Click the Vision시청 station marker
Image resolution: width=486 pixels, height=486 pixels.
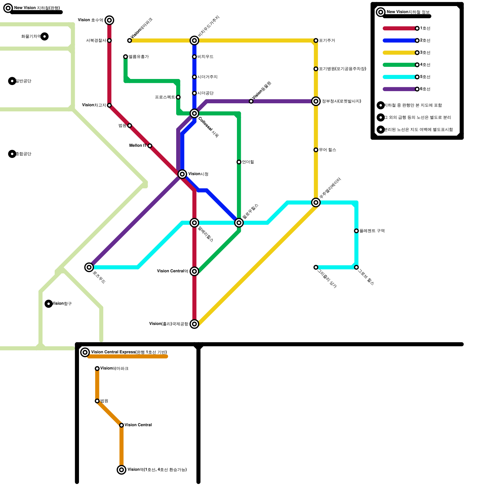[x=182, y=174]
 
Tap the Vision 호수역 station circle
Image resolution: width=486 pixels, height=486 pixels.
[x=109, y=20]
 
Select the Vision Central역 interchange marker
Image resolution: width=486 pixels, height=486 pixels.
[x=194, y=271]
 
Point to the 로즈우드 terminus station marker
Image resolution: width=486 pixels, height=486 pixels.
[x=89, y=267]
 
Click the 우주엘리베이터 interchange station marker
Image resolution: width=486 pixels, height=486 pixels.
[x=316, y=203]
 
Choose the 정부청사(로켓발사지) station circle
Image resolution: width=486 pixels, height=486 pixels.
[x=316, y=101]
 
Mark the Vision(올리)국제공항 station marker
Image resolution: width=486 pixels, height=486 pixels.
[x=194, y=324]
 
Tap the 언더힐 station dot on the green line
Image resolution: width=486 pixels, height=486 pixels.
[x=239, y=162]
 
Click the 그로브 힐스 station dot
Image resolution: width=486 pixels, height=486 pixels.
[x=356, y=267]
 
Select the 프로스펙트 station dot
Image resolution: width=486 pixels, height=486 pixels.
[x=178, y=97]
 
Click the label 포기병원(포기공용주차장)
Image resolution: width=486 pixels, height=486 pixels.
[x=342, y=69]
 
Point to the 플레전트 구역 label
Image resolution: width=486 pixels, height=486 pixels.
[x=372, y=231]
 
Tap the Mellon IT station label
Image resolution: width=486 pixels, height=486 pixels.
[x=138, y=146]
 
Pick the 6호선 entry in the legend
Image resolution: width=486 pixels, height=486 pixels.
[x=425, y=89]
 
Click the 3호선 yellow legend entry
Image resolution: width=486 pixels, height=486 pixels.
[x=425, y=53]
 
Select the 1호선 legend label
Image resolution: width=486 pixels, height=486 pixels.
[x=425, y=28]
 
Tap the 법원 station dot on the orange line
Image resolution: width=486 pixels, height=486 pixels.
[x=97, y=401]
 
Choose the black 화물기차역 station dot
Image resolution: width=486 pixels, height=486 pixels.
[x=45, y=36]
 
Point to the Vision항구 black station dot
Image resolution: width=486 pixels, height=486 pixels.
[x=49, y=304]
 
